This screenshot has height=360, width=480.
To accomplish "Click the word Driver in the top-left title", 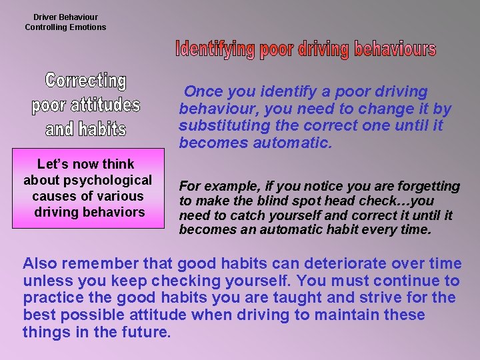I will [47, 17].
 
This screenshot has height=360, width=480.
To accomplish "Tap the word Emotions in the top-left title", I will [85, 27].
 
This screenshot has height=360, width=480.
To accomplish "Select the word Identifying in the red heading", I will [215, 49].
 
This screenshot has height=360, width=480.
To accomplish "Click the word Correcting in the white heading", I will [85, 81].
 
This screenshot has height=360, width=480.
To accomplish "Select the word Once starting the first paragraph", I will [203, 91].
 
